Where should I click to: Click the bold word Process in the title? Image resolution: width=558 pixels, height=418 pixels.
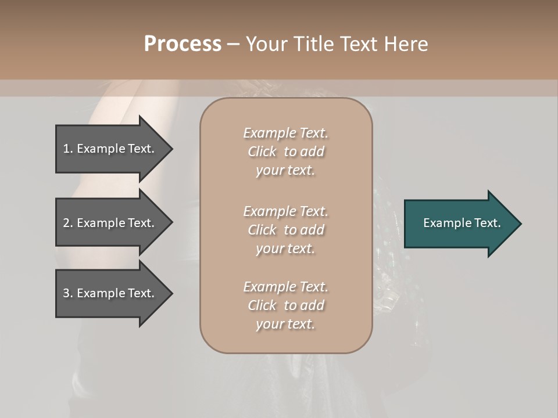click(183, 44)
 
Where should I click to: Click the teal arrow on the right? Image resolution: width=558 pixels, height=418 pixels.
click(459, 224)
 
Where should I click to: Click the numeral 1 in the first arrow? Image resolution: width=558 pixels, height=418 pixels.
click(66, 149)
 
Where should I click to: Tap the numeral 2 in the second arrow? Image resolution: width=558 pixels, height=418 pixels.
click(66, 223)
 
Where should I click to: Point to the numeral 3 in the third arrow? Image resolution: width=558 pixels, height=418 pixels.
click(66, 293)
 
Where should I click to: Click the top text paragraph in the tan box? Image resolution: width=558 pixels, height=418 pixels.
click(286, 152)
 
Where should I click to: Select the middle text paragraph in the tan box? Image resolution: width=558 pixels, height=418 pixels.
click(286, 229)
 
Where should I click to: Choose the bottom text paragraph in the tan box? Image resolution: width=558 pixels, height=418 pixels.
click(286, 305)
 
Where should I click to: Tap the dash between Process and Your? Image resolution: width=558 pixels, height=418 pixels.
click(233, 45)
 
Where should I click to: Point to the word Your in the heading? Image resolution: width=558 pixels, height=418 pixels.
click(266, 44)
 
